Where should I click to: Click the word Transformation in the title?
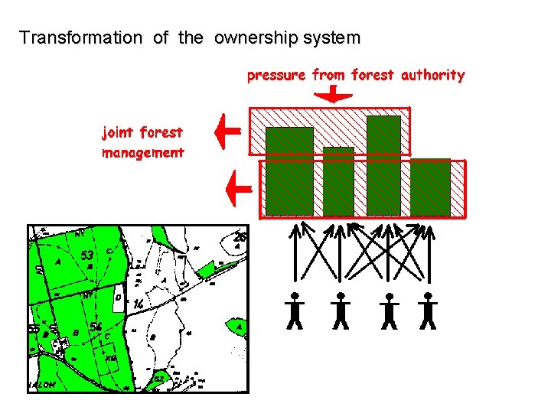point(80,37)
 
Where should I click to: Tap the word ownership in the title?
point(247,37)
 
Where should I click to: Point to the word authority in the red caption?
point(432,75)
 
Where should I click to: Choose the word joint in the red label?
point(119,132)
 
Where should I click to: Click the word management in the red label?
point(143,152)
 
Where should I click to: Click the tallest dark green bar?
point(383,164)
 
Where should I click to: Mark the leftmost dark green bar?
point(289,171)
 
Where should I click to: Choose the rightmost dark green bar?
point(430,187)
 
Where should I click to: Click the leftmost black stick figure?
point(295,311)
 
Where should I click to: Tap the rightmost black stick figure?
point(428,311)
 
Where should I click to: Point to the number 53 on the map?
point(88,255)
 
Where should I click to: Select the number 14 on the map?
point(139,304)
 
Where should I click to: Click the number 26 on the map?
point(239,237)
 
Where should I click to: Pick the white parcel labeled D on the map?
point(119,297)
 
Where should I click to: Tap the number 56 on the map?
point(96,327)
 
